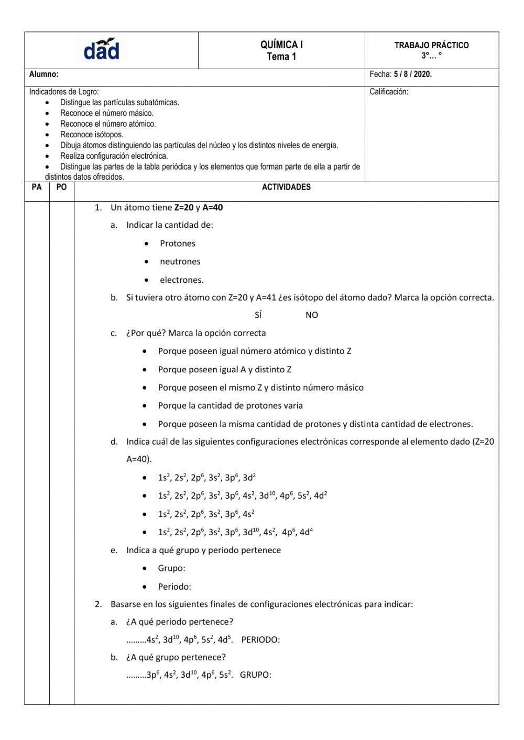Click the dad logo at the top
(102, 50)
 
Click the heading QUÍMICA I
(281, 45)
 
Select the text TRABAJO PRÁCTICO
(431, 46)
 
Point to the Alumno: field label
(43, 75)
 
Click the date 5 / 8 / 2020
(413, 74)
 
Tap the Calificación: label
(389, 92)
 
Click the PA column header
(37, 187)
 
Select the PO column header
(61, 187)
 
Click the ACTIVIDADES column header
(286, 187)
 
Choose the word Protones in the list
(178, 244)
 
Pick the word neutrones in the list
(180, 262)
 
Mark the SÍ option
(258, 315)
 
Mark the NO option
(312, 315)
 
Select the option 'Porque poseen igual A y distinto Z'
(224, 370)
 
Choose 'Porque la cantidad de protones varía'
(230, 406)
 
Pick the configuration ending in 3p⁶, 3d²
(206, 478)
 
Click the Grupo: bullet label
(171, 568)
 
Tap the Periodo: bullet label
(174, 587)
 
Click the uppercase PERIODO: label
(260, 640)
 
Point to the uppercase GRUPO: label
(255, 675)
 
